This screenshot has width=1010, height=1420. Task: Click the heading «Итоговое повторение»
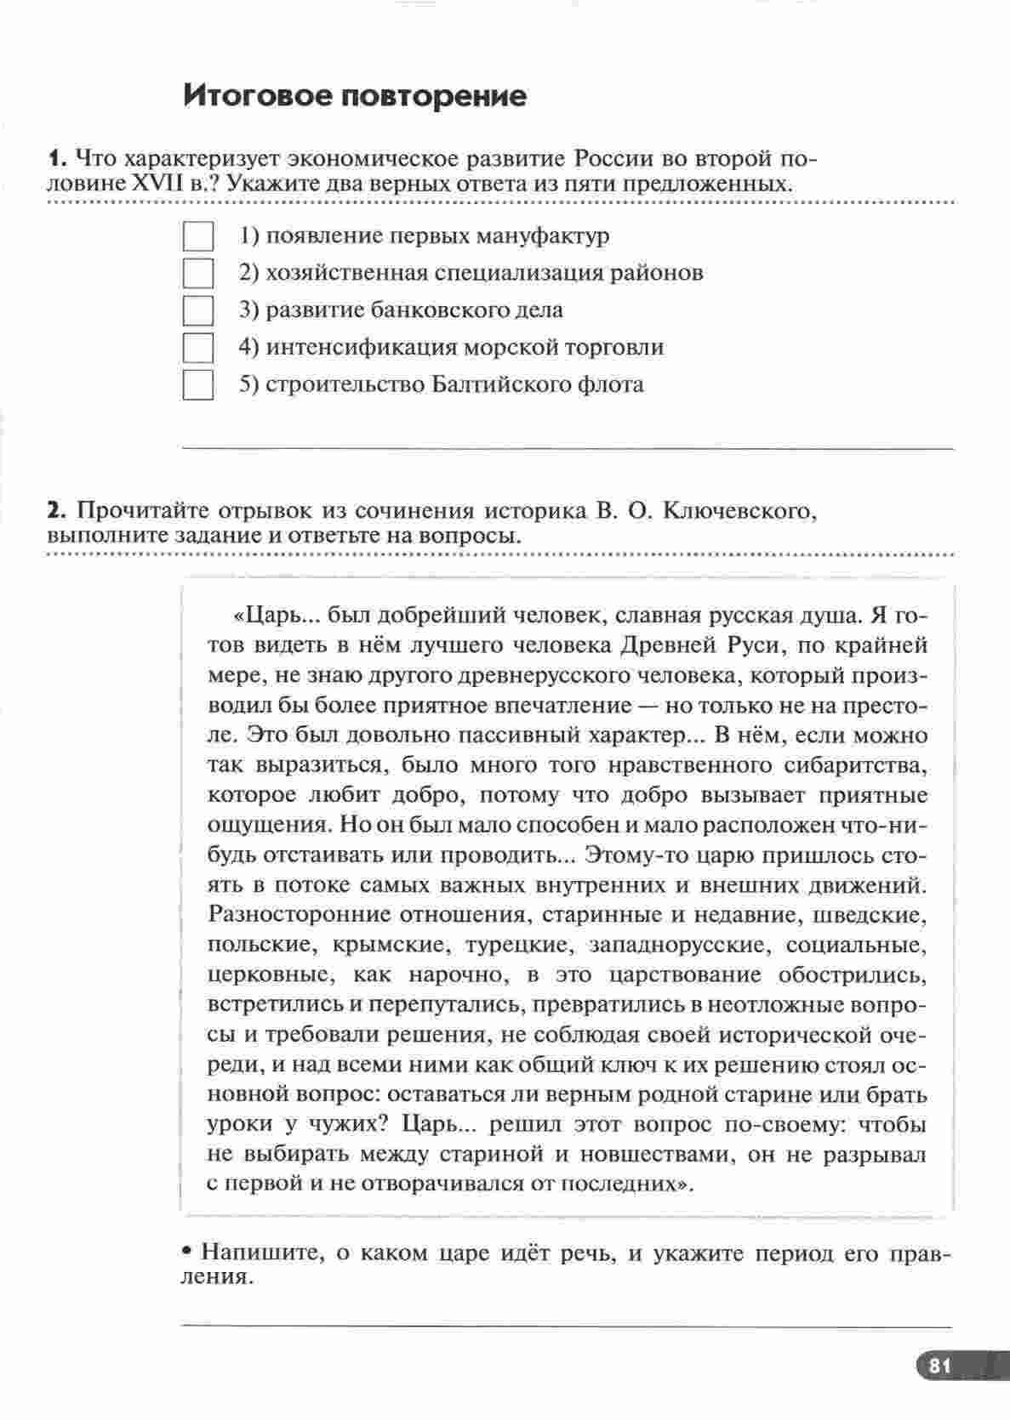[355, 95]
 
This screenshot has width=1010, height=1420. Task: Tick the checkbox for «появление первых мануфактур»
[198, 236]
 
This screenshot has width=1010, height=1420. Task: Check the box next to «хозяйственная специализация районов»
[198, 273]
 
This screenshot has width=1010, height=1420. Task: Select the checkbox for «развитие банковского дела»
[198, 310]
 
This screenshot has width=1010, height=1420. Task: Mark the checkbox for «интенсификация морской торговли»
[198, 348]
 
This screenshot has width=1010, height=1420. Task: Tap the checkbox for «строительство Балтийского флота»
[198, 385]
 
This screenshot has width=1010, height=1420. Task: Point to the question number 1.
[56, 159]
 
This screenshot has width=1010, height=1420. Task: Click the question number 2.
[56, 511]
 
